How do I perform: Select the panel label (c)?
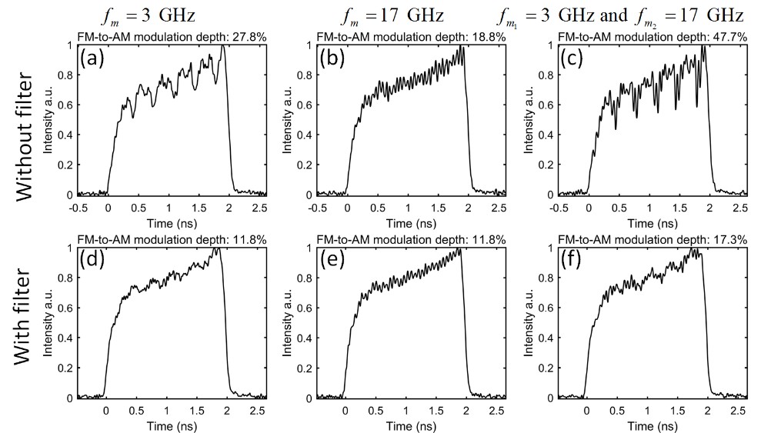[x=572, y=58]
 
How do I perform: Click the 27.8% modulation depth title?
[x=173, y=37]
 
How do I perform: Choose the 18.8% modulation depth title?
[x=412, y=37]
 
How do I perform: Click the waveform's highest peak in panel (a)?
[x=222, y=46]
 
